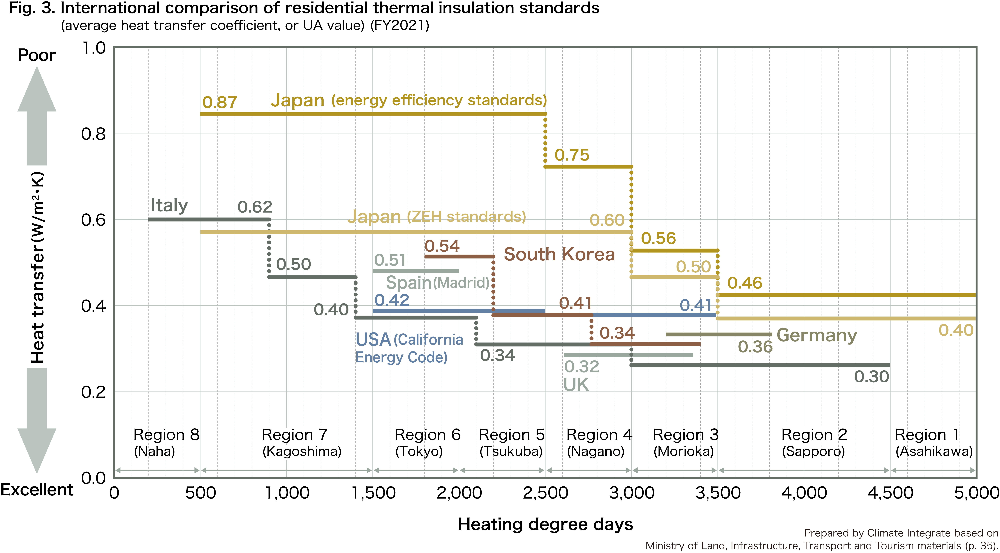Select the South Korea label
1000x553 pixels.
pos(559,254)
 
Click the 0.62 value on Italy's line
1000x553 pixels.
pos(255,207)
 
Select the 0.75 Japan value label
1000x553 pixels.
pos(571,155)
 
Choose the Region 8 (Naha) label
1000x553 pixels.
pos(166,443)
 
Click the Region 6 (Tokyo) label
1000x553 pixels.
pos(427,443)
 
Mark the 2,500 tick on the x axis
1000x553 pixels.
pos(545,493)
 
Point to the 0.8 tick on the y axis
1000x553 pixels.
pos(93,134)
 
